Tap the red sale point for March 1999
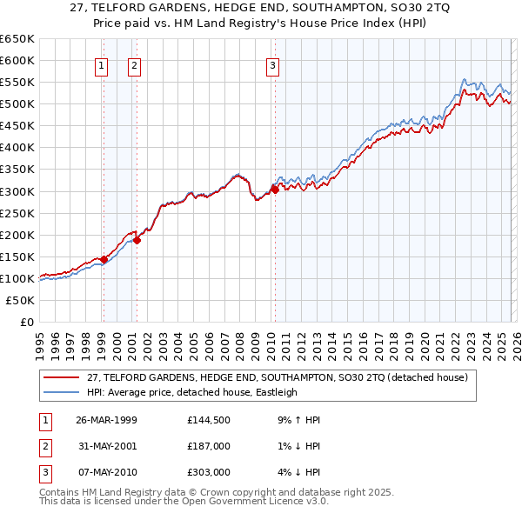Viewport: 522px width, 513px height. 104,259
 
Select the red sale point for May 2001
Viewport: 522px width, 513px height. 137,241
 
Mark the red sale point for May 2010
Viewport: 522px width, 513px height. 274,190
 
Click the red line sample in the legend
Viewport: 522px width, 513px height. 62,377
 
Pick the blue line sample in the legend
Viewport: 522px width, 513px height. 62,392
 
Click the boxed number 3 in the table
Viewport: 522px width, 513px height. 44,472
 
